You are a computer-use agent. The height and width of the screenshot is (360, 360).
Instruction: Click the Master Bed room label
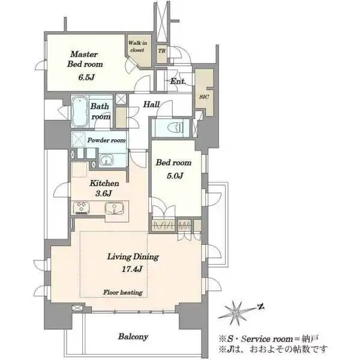click(85, 59)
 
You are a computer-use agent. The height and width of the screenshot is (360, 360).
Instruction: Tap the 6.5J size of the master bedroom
click(86, 77)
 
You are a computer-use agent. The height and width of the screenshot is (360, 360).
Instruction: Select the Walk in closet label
click(137, 46)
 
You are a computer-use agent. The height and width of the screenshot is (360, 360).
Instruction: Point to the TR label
click(161, 50)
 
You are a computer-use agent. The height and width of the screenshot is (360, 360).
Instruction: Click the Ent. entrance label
click(177, 81)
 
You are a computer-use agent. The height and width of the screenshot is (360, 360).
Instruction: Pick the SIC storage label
click(204, 97)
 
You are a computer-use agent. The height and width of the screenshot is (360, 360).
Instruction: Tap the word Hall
click(151, 104)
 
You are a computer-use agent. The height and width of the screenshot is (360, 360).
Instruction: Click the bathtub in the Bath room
click(80, 111)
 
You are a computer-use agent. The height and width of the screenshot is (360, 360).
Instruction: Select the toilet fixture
click(176, 127)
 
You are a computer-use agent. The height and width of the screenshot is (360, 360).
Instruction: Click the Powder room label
click(107, 140)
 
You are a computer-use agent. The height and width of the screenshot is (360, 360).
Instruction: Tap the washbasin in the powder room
click(106, 160)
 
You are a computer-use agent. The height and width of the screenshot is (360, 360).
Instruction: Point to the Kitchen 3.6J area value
click(103, 194)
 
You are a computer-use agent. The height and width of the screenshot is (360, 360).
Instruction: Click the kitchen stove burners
click(82, 208)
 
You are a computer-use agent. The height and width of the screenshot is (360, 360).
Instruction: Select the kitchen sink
click(115, 208)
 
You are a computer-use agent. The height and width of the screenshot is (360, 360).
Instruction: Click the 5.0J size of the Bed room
click(175, 176)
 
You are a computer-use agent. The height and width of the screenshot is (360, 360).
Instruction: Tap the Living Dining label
click(133, 257)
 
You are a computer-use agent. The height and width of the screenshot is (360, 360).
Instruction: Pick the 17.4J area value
click(132, 269)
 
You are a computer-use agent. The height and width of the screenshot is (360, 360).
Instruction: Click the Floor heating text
click(123, 292)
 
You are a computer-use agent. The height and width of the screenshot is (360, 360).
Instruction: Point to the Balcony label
click(133, 337)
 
